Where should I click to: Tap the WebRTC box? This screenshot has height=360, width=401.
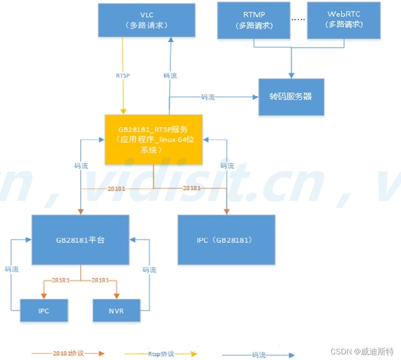tap(344, 20)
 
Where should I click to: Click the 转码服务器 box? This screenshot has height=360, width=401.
tap(291, 97)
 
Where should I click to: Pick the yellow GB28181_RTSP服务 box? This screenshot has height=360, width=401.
tap(153, 139)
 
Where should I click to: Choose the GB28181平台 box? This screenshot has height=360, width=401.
tap(80, 240)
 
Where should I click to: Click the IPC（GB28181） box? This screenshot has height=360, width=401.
tap(227, 240)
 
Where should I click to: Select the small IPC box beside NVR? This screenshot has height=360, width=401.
tap(44, 310)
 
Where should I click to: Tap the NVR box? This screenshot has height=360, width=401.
tap(116, 310)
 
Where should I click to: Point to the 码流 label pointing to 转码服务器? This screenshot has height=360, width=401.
tap(208, 97)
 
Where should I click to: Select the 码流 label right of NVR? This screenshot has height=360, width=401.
tap(149, 270)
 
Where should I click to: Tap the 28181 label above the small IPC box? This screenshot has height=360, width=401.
tap(61, 280)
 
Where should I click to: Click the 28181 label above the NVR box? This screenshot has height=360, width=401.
tap(101, 280)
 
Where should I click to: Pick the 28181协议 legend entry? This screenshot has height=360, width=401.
tap(68, 354)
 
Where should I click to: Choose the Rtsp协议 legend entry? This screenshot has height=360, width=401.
tap(161, 354)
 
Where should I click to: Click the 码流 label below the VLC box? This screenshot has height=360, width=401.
tap(170, 76)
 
